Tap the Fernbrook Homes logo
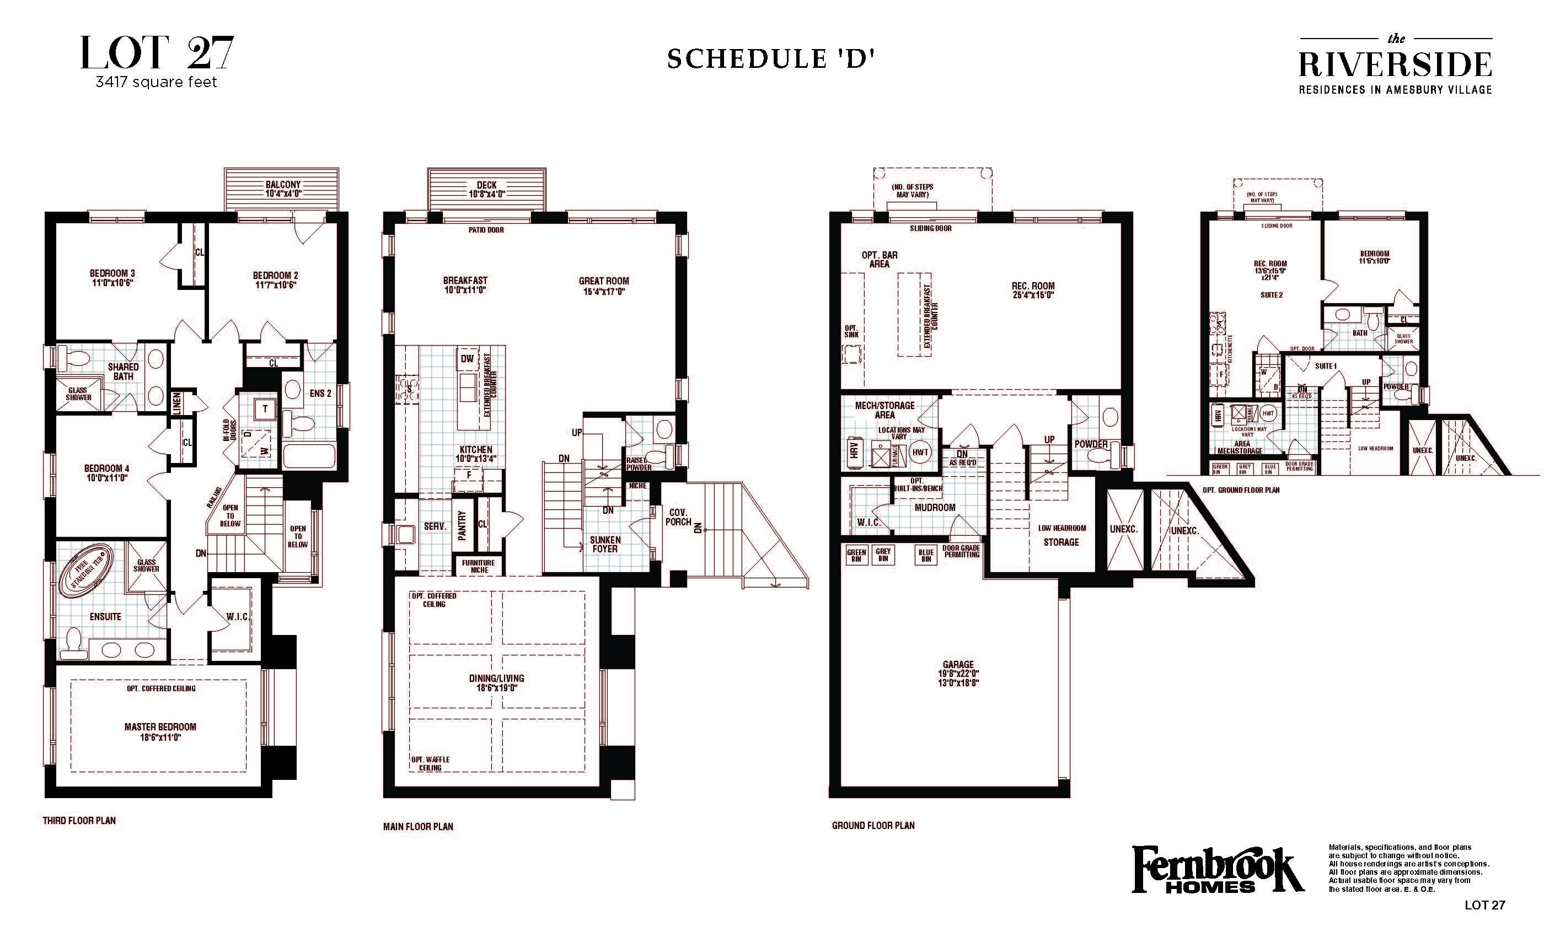[x=1217, y=869]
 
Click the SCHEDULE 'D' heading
[x=770, y=59]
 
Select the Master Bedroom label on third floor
[x=160, y=731]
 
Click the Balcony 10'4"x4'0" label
[x=282, y=189]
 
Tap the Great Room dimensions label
[x=603, y=291]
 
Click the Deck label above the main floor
[x=486, y=189]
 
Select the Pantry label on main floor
[x=463, y=525]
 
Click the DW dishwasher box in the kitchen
[x=467, y=359]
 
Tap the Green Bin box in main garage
[x=856, y=555]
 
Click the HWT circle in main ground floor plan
[x=920, y=452]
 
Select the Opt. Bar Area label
[x=879, y=259]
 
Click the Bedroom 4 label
[x=106, y=472]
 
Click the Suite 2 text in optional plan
[x=1272, y=295]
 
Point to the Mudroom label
[x=934, y=507]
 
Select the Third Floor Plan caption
[x=79, y=820]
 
